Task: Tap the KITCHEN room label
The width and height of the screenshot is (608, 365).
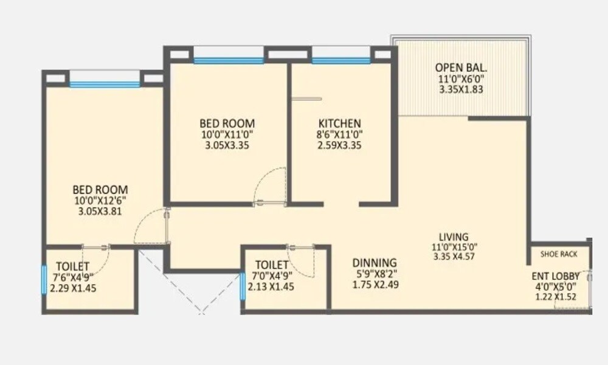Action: (339, 123)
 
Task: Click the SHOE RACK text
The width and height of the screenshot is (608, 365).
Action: (559, 254)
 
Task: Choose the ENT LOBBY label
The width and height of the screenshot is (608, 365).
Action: (554, 275)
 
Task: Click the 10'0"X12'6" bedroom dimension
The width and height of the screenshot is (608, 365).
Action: (100, 200)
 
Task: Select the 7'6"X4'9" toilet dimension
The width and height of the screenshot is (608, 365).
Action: (72, 277)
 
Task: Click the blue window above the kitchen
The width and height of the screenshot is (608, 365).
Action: (340, 61)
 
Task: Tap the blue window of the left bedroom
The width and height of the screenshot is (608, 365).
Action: (105, 85)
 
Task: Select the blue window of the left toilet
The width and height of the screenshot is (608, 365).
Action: (44, 279)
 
